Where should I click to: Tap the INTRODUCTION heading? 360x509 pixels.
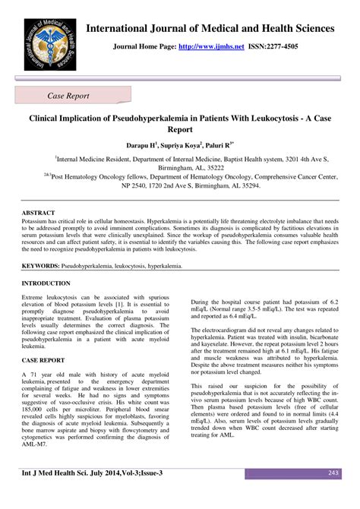coord(47,283)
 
